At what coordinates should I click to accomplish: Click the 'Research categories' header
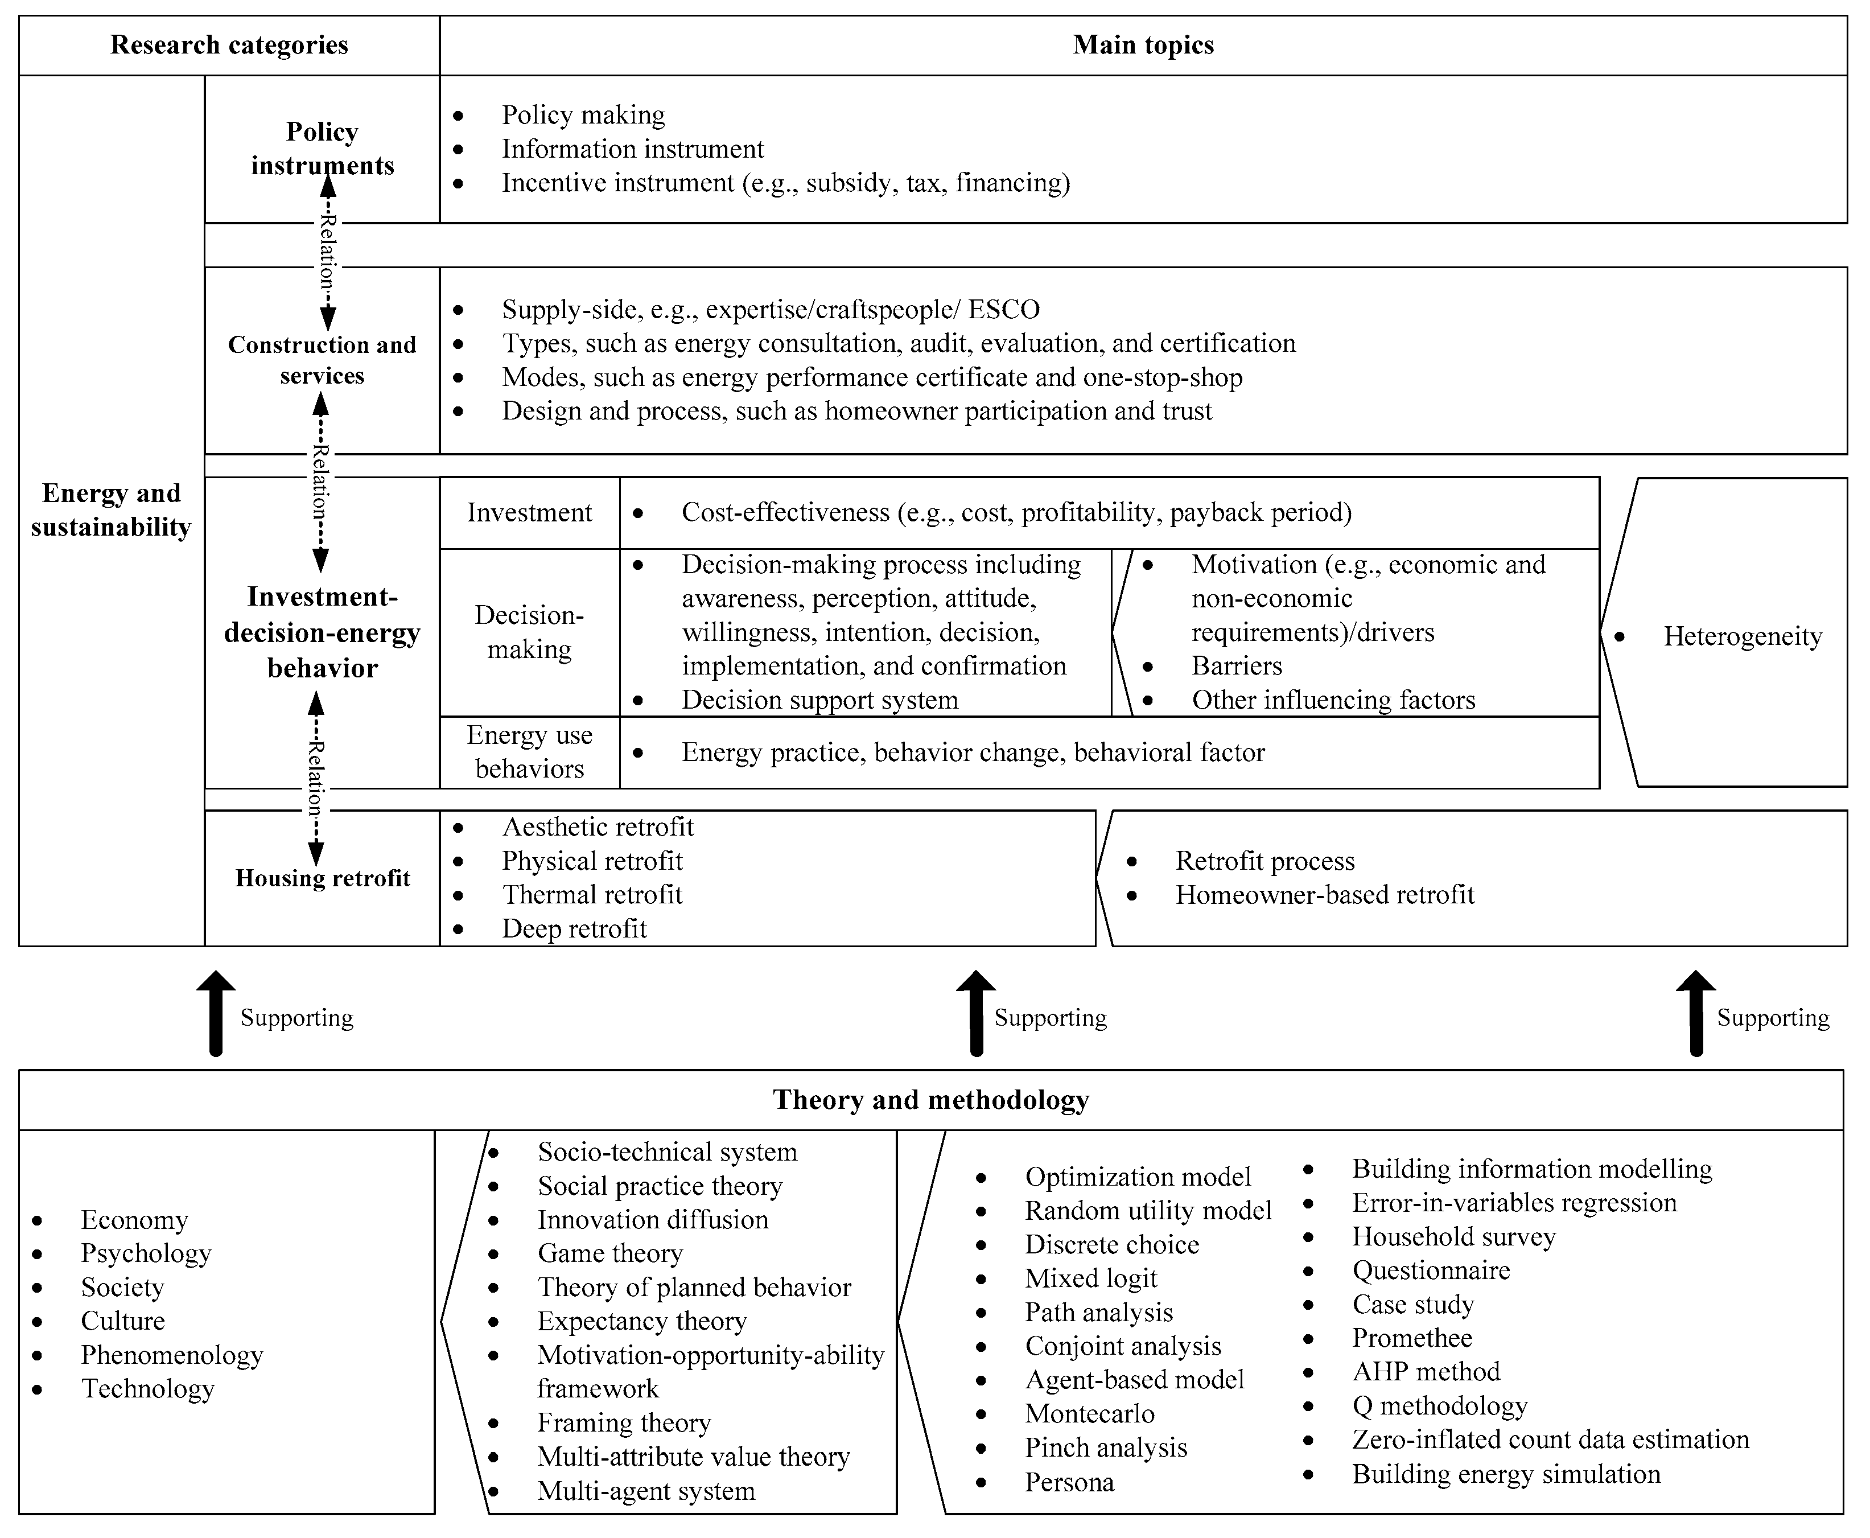[x=229, y=45]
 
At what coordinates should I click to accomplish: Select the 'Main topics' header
[x=1143, y=45]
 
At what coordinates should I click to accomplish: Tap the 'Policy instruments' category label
[x=322, y=148]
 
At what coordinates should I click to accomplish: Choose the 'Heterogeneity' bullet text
[x=1741, y=636]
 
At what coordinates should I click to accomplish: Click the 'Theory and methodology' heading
[x=930, y=1100]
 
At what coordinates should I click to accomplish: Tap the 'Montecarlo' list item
[x=1090, y=1413]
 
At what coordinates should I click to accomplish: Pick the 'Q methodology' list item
[x=1439, y=1406]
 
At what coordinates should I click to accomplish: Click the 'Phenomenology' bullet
[x=172, y=1355]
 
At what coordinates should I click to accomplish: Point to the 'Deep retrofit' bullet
[x=574, y=928]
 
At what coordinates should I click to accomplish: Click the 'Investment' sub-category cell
[x=529, y=512]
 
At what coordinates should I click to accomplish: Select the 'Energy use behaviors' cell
[x=529, y=751]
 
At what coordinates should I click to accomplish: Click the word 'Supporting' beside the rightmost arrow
[x=1773, y=1018]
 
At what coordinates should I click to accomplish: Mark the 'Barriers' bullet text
[x=1237, y=665]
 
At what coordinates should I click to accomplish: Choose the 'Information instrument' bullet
[x=632, y=149]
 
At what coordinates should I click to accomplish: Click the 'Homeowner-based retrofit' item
[x=1324, y=895]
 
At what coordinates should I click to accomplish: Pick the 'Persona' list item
[x=1069, y=1482]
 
